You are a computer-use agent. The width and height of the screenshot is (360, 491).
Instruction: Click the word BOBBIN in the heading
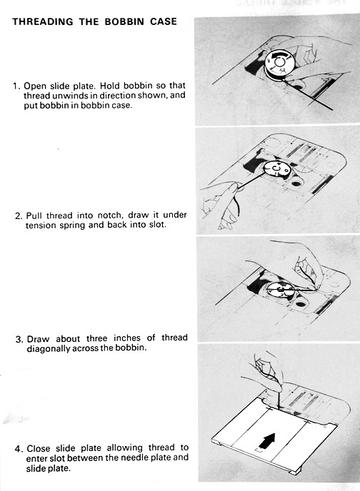tap(124, 21)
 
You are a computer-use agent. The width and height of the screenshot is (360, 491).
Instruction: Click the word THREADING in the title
tap(43, 21)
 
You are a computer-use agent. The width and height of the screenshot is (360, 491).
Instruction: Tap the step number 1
tap(16, 86)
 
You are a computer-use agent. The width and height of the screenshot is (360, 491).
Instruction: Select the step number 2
tap(19, 216)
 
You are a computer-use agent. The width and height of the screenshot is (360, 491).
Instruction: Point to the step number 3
tap(19, 340)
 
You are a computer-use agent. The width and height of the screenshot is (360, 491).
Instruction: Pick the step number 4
tap(19, 449)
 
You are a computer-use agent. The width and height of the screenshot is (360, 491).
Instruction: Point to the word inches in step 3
tap(127, 338)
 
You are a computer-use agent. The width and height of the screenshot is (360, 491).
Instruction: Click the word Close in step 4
tap(39, 448)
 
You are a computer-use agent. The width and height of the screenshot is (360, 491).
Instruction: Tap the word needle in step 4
tap(134, 457)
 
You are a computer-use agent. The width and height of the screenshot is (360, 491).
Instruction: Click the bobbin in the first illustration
tap(279, 64)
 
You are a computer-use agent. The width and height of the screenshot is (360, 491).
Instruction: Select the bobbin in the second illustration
tap(276, 169)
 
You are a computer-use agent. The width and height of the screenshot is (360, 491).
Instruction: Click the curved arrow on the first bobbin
tap(279, 56)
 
